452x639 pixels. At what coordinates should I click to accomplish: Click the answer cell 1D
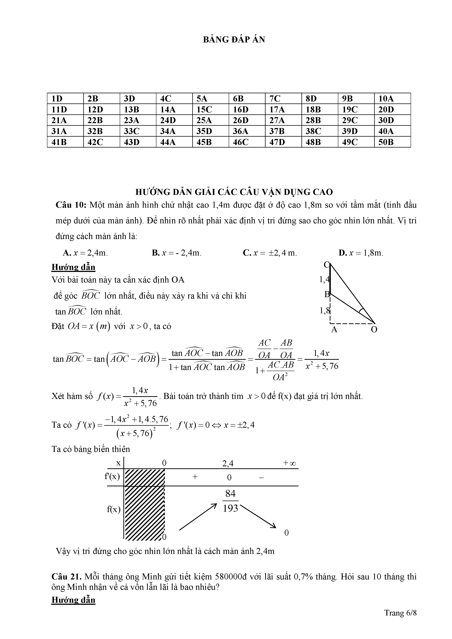[57, 99]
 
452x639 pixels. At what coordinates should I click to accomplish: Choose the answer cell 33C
[131, 131]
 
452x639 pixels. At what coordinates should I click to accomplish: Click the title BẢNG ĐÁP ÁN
[234, 40]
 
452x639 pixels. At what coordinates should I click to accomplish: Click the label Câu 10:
[71, 205]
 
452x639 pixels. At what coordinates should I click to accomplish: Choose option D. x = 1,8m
[361, 253]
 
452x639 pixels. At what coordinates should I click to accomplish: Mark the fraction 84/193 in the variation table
[231, 501]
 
